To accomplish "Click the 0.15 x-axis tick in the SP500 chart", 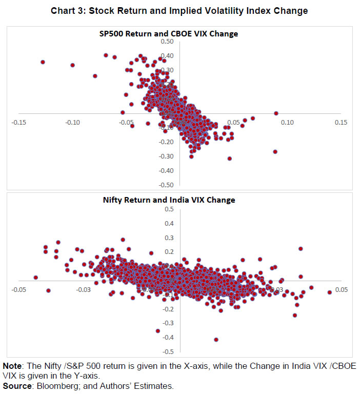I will [341, 122].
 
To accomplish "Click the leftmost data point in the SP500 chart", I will [43, 62].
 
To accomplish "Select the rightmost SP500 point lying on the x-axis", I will [276, 113].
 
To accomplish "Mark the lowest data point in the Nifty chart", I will [216, 340].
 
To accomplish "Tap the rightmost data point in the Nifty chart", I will [330, 292].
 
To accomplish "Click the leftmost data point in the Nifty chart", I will [36, 278].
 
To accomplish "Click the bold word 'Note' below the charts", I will [13, 366].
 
